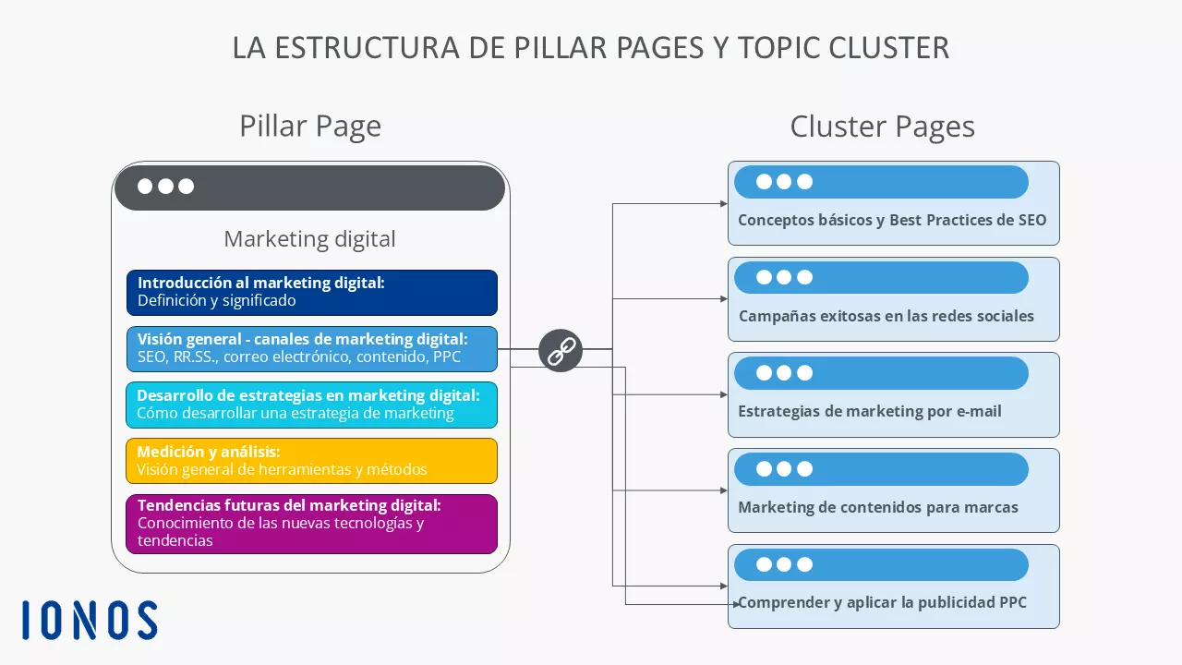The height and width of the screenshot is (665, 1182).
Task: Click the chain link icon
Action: pyautogui.click(x=561, y=350)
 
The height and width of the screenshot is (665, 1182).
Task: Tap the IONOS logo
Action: pyautogui.click(x=90, y=621)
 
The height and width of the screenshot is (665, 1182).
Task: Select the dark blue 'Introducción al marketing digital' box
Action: pyautogui.click(x=311, y=292)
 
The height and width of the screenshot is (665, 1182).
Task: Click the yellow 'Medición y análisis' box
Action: pyautogui.click(x=311, y=461)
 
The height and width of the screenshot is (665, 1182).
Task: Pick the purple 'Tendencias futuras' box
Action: pyautogui.click(x=311, y=524)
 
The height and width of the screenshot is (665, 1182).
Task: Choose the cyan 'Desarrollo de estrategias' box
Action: pyautogui.click(x=311, y=405)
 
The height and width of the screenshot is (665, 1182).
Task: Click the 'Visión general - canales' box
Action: pyautogui.click(x=311, y=348)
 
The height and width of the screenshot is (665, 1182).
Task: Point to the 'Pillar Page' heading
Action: pyautogui.click(x=310, y=127)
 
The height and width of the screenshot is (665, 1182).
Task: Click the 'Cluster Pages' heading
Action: pyautogui.click(x=882, y=127)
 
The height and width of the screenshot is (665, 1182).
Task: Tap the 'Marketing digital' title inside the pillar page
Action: pyautogui.click(x=309, y=239)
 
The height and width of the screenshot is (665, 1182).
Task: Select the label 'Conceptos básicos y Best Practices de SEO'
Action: pyautogui.click(x=892, y=221)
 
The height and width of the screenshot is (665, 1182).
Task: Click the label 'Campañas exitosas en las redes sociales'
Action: pyautogui.click(x=886, y=316)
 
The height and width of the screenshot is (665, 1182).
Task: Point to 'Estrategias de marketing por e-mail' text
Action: pyautogui.click(x=869, y=411)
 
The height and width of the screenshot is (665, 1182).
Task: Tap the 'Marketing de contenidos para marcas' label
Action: pyautogui.click(x=877, y=507)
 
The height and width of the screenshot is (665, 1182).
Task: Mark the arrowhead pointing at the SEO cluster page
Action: pyautogui.click(x=723, y=203)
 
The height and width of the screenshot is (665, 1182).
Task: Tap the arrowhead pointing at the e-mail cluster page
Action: pyautogui.click(x=723, y=394)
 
